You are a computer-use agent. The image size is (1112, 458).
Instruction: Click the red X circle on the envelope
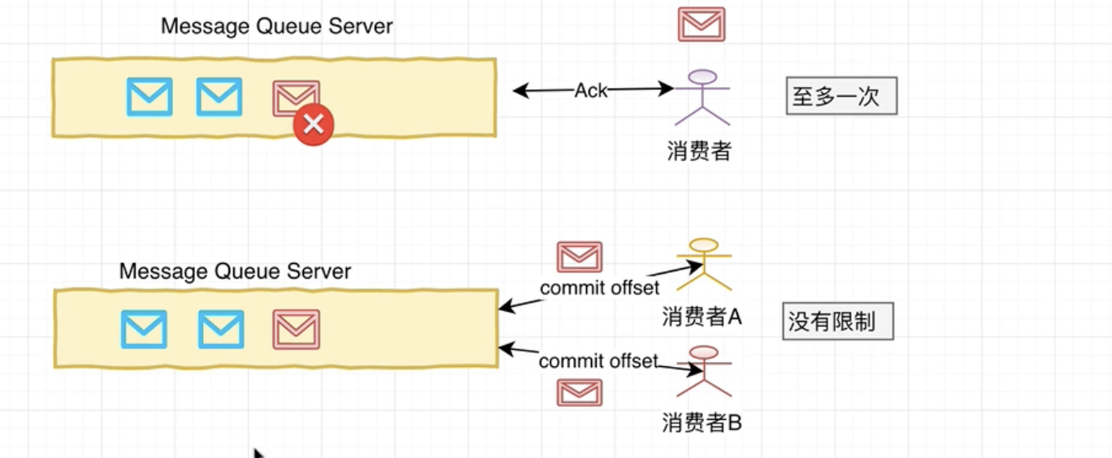(314, 125)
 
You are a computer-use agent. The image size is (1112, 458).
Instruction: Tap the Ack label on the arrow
(591, 91)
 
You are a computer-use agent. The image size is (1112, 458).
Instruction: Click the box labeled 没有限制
(837, 322)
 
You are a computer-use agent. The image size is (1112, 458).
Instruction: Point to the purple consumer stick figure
(702, 97)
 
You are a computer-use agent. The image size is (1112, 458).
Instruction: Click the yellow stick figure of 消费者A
(704, 263)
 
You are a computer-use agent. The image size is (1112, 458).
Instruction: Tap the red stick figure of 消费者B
(704, 372)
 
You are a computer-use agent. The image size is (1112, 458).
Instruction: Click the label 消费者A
(702, 316)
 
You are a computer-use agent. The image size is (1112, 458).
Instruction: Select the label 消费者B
(702, 422)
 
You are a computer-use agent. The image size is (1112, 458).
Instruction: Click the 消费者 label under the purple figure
(699, 151)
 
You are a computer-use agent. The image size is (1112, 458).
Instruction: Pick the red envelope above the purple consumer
(702, 24)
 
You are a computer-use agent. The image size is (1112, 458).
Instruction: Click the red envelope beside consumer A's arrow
(580, 257)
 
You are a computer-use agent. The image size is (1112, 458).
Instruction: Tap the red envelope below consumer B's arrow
(580, 392)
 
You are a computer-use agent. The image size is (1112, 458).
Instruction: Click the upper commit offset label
(600, 287)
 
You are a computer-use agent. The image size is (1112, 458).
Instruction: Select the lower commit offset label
(598, 361)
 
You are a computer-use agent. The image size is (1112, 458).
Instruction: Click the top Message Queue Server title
(276, 26)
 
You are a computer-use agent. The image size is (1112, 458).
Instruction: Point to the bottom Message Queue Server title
(235, 271)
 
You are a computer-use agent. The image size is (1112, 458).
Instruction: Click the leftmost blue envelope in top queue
(150, 97)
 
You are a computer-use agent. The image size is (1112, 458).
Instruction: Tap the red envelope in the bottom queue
(296, 329)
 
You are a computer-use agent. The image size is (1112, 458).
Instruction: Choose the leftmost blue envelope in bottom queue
(144, 329)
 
